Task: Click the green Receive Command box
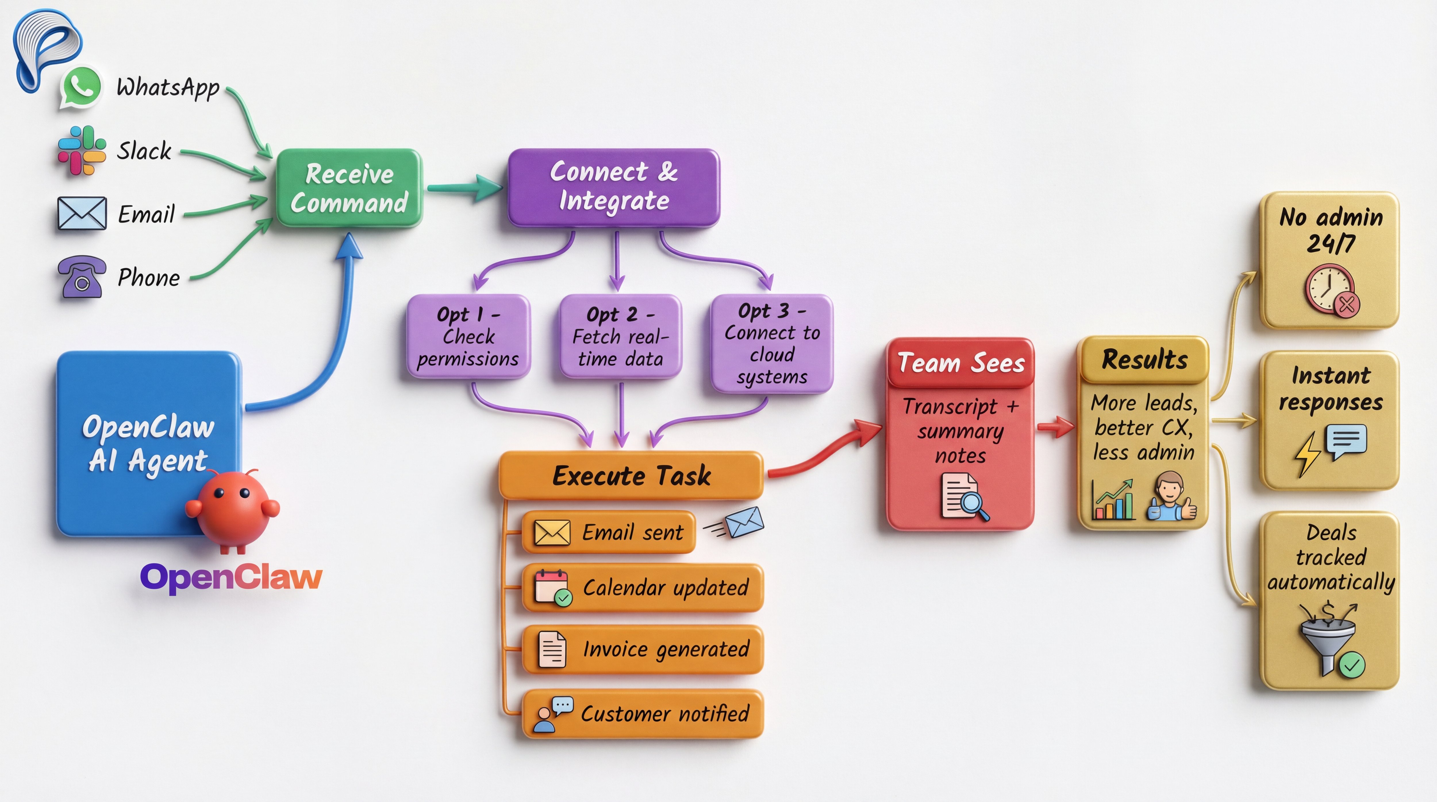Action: pos(349,188)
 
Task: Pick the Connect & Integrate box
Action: pos(614,187)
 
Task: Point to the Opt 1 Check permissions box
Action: pos(468,337)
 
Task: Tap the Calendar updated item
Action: pos(643,588)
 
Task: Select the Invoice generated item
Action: pos(643,649)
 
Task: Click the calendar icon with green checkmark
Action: pos(552,588)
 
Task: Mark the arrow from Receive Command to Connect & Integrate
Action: pos(464,188)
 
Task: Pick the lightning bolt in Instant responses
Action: pos(1307,453)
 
